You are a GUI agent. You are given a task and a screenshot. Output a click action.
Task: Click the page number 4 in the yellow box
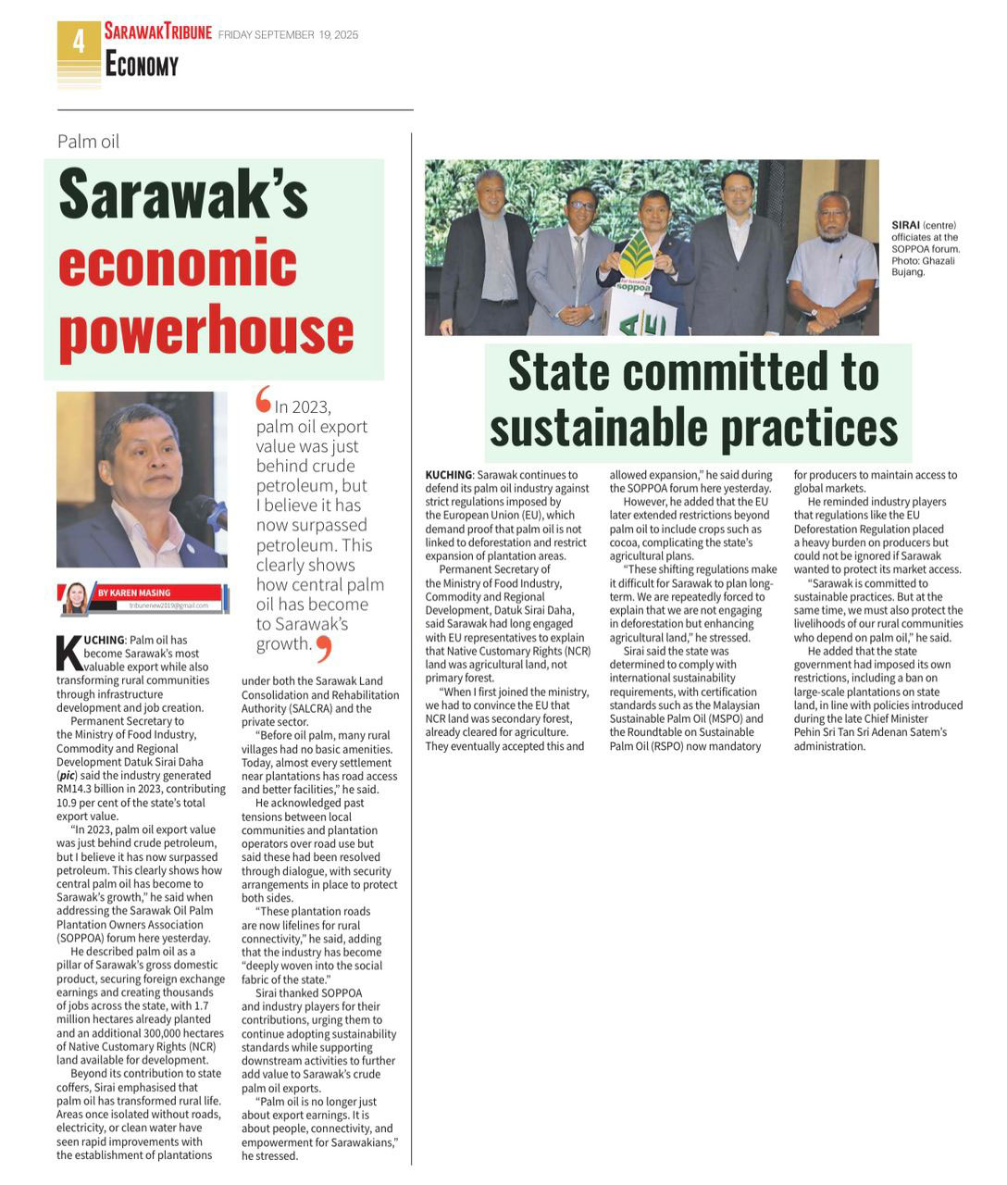pos(79,42)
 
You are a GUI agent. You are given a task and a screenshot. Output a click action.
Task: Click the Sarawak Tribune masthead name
pos(157,32)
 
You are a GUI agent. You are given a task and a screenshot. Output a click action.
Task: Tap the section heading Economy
pos(141,65)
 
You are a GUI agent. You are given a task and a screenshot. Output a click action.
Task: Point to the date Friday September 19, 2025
pos(288,35)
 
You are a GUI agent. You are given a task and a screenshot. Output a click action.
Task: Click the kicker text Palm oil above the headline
pos(88,142)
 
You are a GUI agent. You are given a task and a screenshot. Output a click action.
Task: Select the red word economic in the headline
pos(178,262)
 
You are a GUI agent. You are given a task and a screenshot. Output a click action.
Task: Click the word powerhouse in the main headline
pos(205,331)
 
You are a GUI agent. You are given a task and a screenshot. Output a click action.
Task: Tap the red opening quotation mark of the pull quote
pos(264,399)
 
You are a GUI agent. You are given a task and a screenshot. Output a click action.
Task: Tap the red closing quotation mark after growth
pos(322,647)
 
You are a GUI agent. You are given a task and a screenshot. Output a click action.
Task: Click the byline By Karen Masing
pos(134,592)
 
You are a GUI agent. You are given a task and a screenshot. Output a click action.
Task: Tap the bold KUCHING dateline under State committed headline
pos(448,475)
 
